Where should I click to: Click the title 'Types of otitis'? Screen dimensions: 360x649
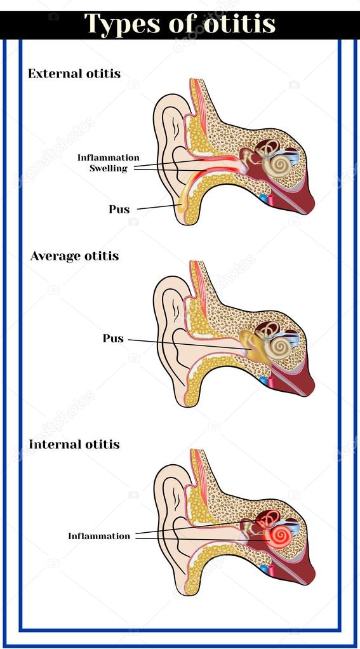180,23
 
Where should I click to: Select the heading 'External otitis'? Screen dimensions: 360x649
74,74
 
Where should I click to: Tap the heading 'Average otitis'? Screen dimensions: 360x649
74,256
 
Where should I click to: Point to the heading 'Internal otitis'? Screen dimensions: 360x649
74,445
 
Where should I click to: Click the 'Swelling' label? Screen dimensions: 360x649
109,168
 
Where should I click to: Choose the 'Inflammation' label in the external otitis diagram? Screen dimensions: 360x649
109,157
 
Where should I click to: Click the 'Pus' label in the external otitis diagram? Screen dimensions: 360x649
119,209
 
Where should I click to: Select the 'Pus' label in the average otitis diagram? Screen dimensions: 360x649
113,338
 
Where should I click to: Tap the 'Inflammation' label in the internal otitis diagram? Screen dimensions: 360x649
99,536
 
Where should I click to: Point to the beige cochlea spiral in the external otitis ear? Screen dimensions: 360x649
277,166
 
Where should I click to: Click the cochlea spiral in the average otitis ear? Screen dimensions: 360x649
278,348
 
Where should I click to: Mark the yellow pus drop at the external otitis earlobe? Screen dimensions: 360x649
180,207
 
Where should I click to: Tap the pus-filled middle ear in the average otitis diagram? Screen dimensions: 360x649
253,345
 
